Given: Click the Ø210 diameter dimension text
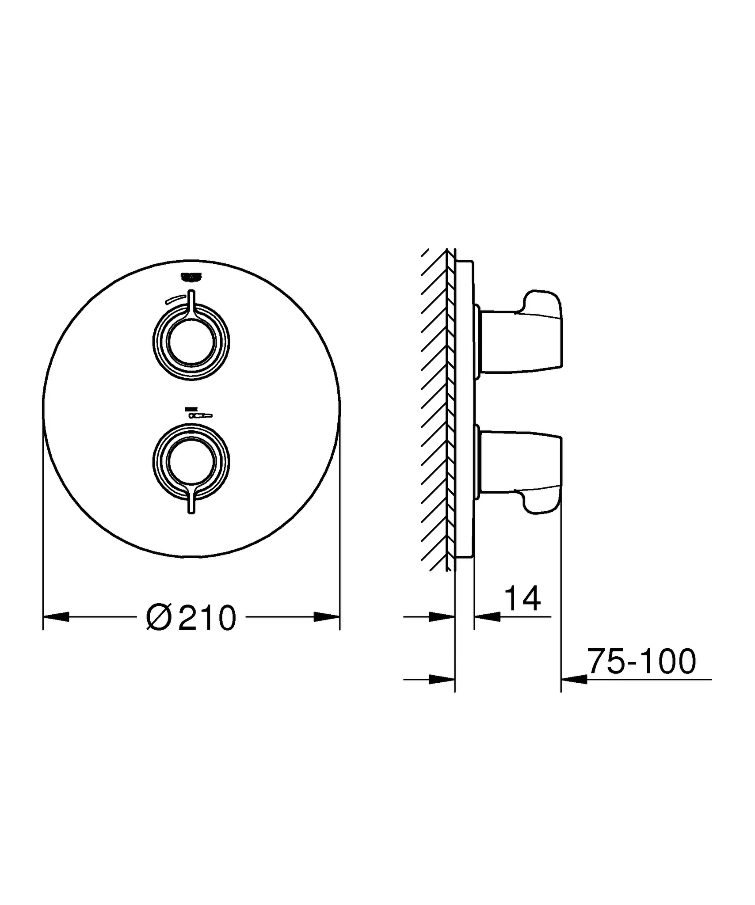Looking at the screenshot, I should point(191,618).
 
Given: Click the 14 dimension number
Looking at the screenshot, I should point(522,599).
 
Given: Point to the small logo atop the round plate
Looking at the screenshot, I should point(191,276).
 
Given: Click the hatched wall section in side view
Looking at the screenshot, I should point(435,411).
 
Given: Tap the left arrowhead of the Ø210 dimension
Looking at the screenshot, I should point(56,617).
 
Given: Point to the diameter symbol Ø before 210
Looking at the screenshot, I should point(158,618).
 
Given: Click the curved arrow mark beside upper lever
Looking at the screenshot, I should point(175,299).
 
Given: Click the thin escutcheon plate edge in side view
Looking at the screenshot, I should point(464,411).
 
